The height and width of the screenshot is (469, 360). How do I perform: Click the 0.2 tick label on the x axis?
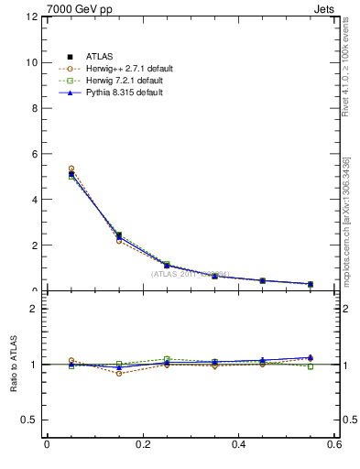[x=143, y=444]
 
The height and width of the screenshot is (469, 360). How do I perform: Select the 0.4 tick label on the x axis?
[x=239, y=444]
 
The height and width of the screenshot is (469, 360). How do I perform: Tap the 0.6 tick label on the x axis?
[x=335, y=444]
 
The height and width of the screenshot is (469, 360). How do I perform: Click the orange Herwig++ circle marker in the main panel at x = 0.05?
[x=71, y=169]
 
